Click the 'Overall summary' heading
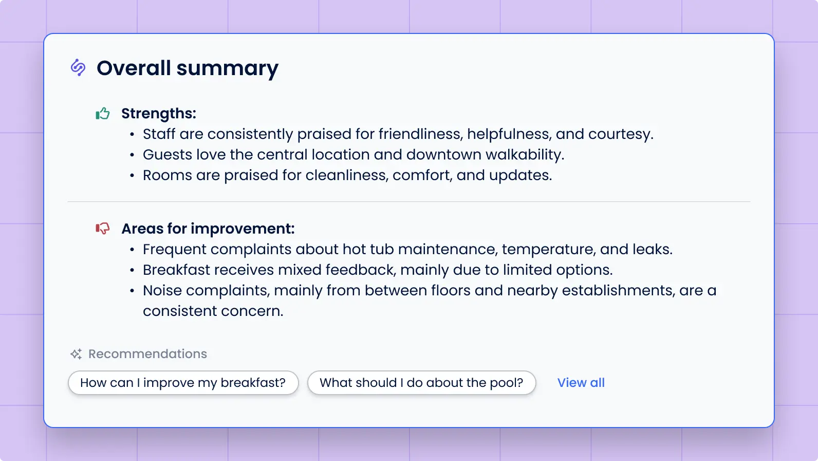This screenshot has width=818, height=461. pos(188,68)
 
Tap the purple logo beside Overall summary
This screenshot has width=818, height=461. pos(78,67)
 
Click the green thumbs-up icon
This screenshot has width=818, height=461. pos(103,113)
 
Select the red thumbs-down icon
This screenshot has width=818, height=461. pos(103,228)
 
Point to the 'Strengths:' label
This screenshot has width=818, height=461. pos(158,113)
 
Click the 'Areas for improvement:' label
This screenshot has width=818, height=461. pos(208,228)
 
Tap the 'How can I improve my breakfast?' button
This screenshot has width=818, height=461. pos(183,383)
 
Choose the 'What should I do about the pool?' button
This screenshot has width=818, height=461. pos(421,383)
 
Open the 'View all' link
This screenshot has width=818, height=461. pos(581,383)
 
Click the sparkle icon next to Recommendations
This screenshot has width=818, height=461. pos(76,354)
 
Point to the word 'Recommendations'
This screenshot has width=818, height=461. pos(147,354)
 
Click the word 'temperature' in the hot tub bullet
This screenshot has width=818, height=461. pos(548,250)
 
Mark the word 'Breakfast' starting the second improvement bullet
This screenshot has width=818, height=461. pos(177,270)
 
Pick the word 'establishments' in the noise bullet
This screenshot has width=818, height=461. pos(619,291)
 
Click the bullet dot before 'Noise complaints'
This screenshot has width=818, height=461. pos(132,291)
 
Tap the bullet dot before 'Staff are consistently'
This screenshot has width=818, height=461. pos(132,134)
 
